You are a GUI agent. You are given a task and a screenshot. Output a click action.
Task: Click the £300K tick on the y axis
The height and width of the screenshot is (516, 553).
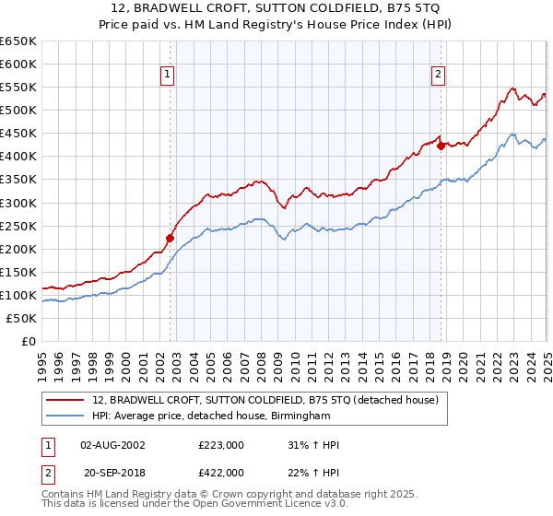click(x=18, y=203)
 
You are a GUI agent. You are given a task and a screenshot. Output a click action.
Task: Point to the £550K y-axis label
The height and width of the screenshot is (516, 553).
click(x=18, y=87)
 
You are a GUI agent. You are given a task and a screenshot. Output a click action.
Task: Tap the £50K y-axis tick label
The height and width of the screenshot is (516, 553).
click(x=21, y=318)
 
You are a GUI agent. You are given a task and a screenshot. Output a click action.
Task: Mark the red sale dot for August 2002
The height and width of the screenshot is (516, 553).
click(x=170, y=238)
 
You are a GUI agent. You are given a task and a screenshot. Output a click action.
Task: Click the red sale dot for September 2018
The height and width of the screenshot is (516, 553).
click(x=441, y=146)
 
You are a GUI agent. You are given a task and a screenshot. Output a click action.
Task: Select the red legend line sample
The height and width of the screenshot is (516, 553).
click(x=66, y=400)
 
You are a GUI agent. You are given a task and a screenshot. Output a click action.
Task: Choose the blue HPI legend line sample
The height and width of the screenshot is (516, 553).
click(x=66, y=416)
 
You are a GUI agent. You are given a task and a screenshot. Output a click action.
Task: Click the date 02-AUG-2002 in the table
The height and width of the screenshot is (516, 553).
click(x=112, y=445)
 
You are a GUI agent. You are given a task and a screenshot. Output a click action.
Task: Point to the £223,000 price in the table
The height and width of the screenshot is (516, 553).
click(x=221, y=445)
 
